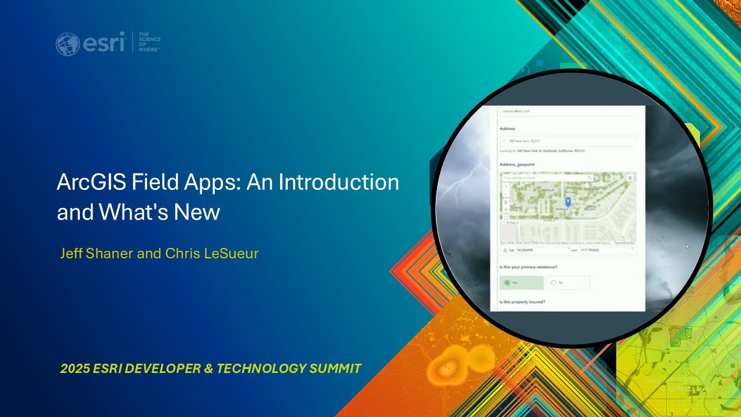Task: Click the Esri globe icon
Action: click(67, 44)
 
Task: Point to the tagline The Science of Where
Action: click(149, 42)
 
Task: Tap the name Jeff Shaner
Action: click(97, 254)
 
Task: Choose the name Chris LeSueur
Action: click(212, 254)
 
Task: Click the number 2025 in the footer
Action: click(74, 368)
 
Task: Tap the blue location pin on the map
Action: click(568, 202)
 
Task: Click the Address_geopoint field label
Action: click(517, 164)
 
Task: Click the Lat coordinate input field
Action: click(542, 250)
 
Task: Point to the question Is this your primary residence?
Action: click(528, 267)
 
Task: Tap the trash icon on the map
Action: click(630, 178)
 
